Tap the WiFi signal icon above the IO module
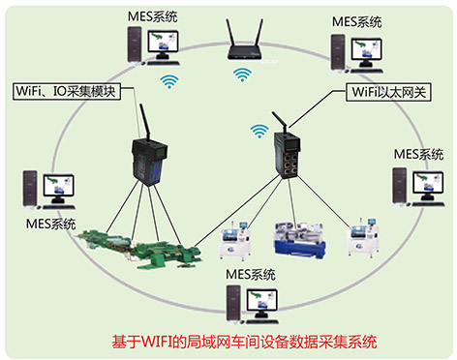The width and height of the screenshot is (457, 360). click(x=170, y=82)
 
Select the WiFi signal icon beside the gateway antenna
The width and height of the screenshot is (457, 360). click(x=259, y=130)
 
